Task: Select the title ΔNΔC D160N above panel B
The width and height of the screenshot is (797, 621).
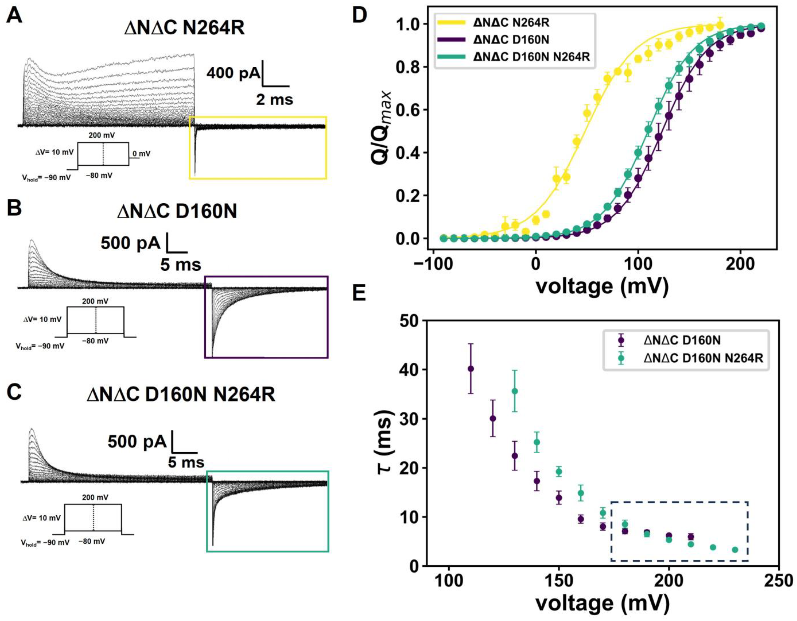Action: pyautogui.click(x=177, y=211)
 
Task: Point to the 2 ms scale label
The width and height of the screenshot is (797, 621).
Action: pyautogui.click(x=274, y=99)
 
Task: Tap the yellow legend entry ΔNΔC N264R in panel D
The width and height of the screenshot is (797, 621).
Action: pyautogui.click(x=511, y=23)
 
